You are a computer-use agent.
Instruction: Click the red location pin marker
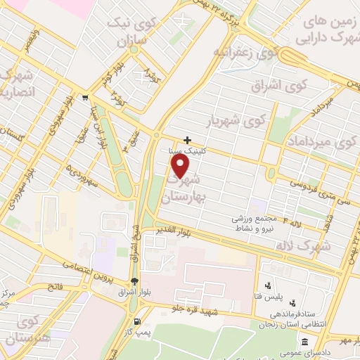tap(181, 166)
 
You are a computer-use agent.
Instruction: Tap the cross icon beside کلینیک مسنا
tap(187, 139)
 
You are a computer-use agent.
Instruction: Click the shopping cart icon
tap(85, 98)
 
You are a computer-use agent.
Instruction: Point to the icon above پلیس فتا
tap(267, 285)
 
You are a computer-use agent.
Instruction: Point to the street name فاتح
tap(56, 287)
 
